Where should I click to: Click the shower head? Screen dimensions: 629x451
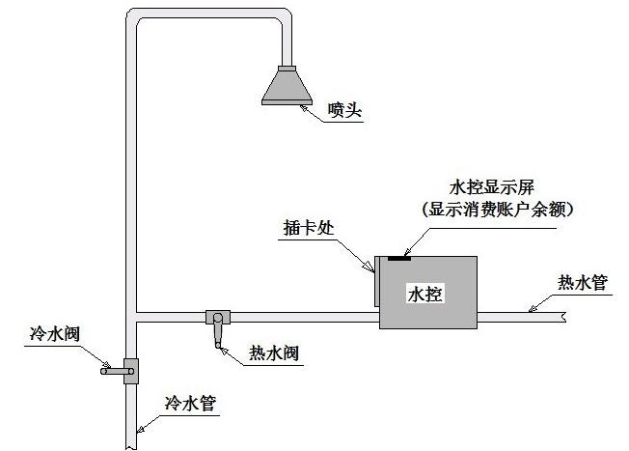pyautogui.click(x=287, y=85)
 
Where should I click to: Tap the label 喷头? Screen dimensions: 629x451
pyautogui.click(x=344, y=110)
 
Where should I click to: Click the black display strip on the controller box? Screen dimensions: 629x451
pyautogui.click(x=399, y=258)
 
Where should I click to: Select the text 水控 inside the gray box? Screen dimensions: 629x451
pyautogui.click(x=425, y=294)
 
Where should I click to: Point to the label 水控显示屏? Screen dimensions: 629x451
pyautogui.click(x=492, y=187)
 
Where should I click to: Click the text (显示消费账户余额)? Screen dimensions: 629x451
pyautogui.click(x=498, y=210)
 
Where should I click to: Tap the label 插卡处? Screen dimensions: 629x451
pyautogui.click(x=309, y=228)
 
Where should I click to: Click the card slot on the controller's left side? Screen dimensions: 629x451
pyautogui.click(x=376, y=281)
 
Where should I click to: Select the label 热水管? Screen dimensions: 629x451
pyautogui.click(x=583, y=283)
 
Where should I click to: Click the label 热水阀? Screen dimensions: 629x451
pyautogui.click(x=274, y=353)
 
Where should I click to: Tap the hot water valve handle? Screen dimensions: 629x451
pyautogui.click(x=217, y=331)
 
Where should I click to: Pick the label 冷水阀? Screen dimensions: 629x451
pyautogui.click(x=55, y=334)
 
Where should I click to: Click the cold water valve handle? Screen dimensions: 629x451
pyautogui.click(x=117, y=372)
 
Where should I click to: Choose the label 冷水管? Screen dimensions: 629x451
pyautogui.click(x=190, y=403)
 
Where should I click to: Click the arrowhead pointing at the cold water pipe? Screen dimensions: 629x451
pyautogui.click(x=141, y=429)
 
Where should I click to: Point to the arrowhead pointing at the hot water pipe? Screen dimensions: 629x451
pyautogui.click(x=533, y=308)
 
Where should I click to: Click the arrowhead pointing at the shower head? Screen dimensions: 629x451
pyautogui.click(x=306, y=108)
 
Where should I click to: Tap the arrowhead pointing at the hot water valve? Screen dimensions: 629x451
pyautogui.click(x=225, y=352)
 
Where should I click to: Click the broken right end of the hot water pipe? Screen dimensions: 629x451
pyautogui.click(x=564, y=318)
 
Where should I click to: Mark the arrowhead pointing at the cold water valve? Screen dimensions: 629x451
pyautogui.click(x=106, y=364)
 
